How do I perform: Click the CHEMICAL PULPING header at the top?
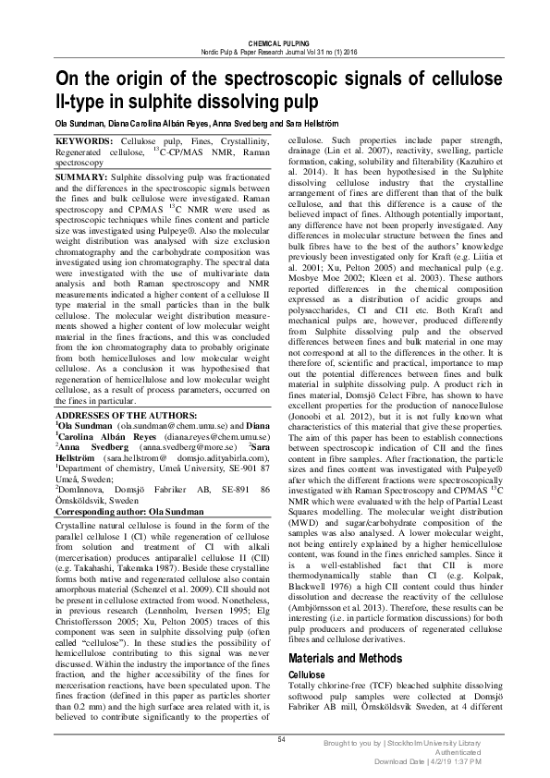tap(275, 43)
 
